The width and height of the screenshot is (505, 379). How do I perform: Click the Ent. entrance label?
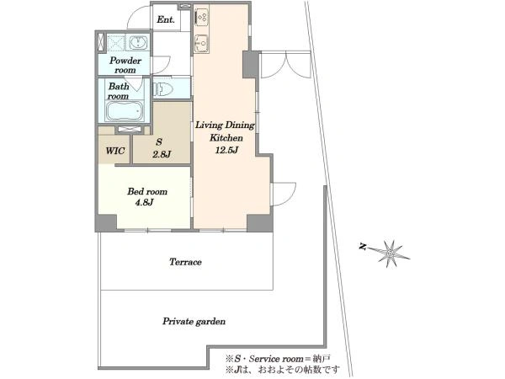click(166, 19)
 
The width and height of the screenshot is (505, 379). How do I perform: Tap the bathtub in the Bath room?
click(124, 111)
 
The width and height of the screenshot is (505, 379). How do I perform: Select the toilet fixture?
click(162, 88)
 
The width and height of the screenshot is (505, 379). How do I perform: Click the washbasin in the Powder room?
click(139, 43)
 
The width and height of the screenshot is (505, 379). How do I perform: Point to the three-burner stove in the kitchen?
click(202, 18)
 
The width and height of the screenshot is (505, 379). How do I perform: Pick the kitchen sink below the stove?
click(202, 43)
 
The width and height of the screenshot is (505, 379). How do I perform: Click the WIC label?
click(115, 151)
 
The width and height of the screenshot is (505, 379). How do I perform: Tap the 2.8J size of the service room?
click(162, 154)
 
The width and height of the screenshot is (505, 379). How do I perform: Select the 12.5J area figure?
click(226, 150)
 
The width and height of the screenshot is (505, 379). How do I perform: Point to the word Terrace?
click(185, 262)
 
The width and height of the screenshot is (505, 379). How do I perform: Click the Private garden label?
click(194, 322)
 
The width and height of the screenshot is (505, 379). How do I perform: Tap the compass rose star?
click(391, 253)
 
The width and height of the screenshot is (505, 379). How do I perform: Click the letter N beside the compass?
click(363, 247)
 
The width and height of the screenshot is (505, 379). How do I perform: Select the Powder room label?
click(125, 65)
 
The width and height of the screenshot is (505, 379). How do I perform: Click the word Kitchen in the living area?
click(226, 138)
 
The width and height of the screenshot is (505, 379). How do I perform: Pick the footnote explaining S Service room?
click(278, 359)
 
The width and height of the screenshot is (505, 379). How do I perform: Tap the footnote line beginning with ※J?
click(283, 368)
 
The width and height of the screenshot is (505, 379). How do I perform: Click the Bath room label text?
click(118, 91)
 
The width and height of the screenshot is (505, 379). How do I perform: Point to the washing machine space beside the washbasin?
click(116, 42)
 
